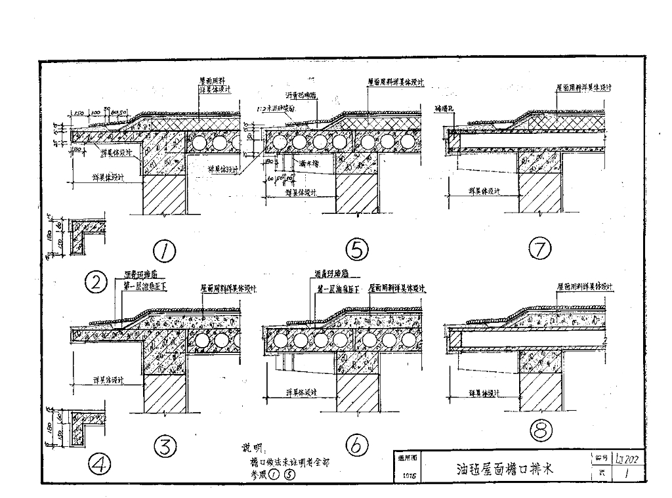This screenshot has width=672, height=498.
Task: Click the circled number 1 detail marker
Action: [x=163, y=249]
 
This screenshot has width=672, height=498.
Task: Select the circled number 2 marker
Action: [x=96, y=283]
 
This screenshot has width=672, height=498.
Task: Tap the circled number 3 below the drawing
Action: [x=165, y=447]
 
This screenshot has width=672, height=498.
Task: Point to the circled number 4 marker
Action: [x=101, y=465]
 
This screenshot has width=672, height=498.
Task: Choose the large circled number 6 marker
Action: [x=356, y=447]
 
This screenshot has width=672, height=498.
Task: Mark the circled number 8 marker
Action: [x=541, y=430]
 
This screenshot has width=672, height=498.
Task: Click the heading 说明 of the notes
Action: [x=251, y=448]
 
